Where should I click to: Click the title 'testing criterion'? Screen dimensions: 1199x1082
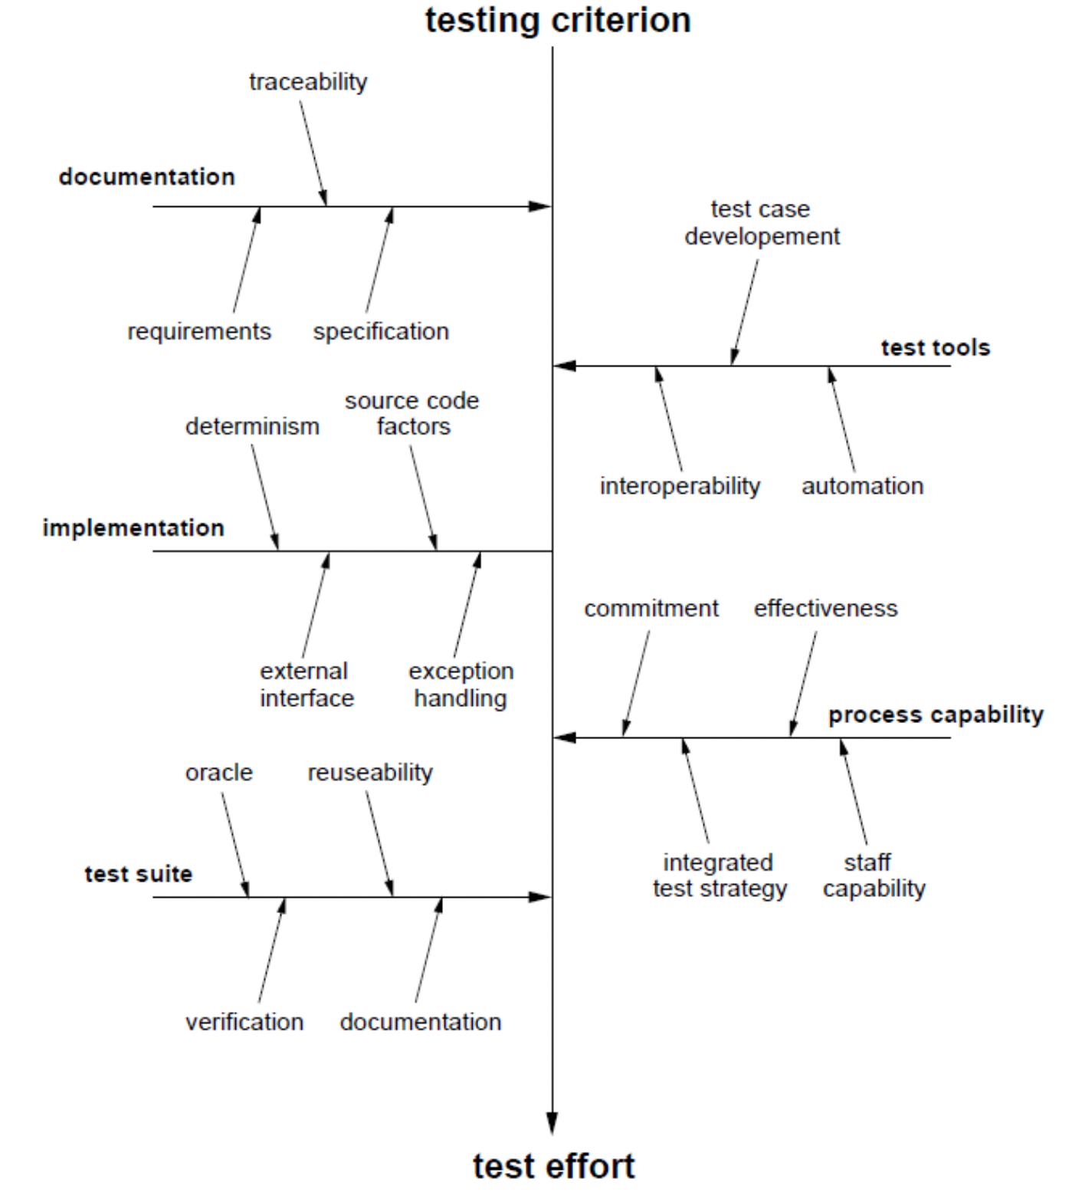tap(558, 21)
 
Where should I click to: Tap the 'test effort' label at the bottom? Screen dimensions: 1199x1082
tap(553, 1166)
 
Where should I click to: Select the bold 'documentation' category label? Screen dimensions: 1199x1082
tap(146, 177)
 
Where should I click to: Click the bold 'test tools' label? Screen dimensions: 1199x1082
tap(935, 348)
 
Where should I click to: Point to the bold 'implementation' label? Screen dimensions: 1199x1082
tap(133, 528)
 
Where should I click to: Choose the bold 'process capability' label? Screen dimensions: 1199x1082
tap(936, 714)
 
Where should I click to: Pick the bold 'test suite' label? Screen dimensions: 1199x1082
tap(138, 874)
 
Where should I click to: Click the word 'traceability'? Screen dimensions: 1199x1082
tap(308, 82)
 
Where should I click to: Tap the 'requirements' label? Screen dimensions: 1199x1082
tap(199, 331)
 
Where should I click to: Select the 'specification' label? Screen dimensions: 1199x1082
tap(381, 331)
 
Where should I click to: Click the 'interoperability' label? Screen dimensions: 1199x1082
tap(680, 486)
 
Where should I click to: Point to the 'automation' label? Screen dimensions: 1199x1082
tap(862, 486)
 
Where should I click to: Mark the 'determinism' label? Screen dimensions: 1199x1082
tap(252, 426)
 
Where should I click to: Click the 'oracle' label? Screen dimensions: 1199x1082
tap(218, 773)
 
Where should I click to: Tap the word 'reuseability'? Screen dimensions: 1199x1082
tap(370, 773)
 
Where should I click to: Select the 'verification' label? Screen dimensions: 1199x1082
tap(244, 1022)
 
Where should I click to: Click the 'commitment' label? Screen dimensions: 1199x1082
tap(651, 609)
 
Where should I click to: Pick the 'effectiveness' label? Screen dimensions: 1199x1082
tap(825, 609)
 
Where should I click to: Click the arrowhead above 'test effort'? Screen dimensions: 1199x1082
tap(552, 1123)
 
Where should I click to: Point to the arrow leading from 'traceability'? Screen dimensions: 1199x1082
tap(313, 153)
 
